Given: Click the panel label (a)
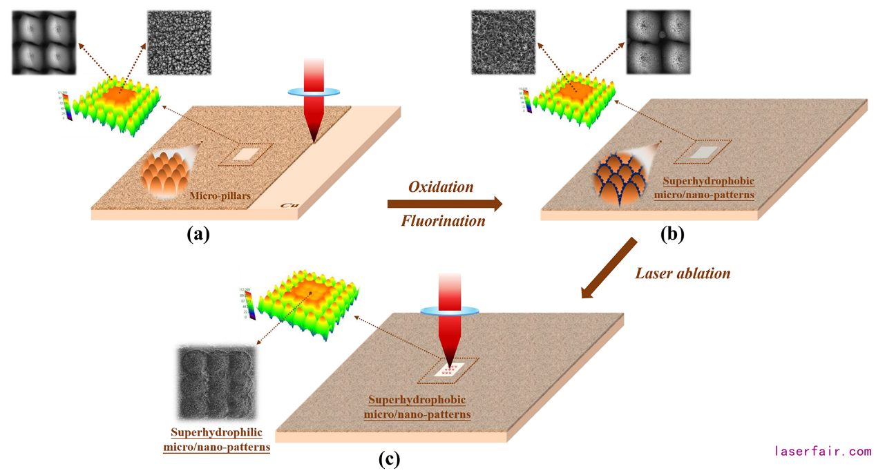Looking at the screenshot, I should click(198, 234).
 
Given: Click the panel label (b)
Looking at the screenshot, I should click(672, 234).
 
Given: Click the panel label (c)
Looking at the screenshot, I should click(389, 458).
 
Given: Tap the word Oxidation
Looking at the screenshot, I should click(441, 187).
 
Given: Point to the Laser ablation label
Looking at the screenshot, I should click(683, 273).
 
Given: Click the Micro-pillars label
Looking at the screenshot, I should click(220, 196).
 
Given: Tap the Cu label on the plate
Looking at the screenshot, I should click(289, 205).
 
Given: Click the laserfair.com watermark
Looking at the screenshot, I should click(823, 452).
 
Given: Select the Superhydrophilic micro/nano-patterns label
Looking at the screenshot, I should click(216, 440).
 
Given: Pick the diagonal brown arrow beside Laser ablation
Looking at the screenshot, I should click(609, 269).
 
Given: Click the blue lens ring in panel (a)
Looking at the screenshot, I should click(314, 91).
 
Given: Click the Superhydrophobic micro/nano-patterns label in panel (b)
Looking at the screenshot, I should click(709, 188).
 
